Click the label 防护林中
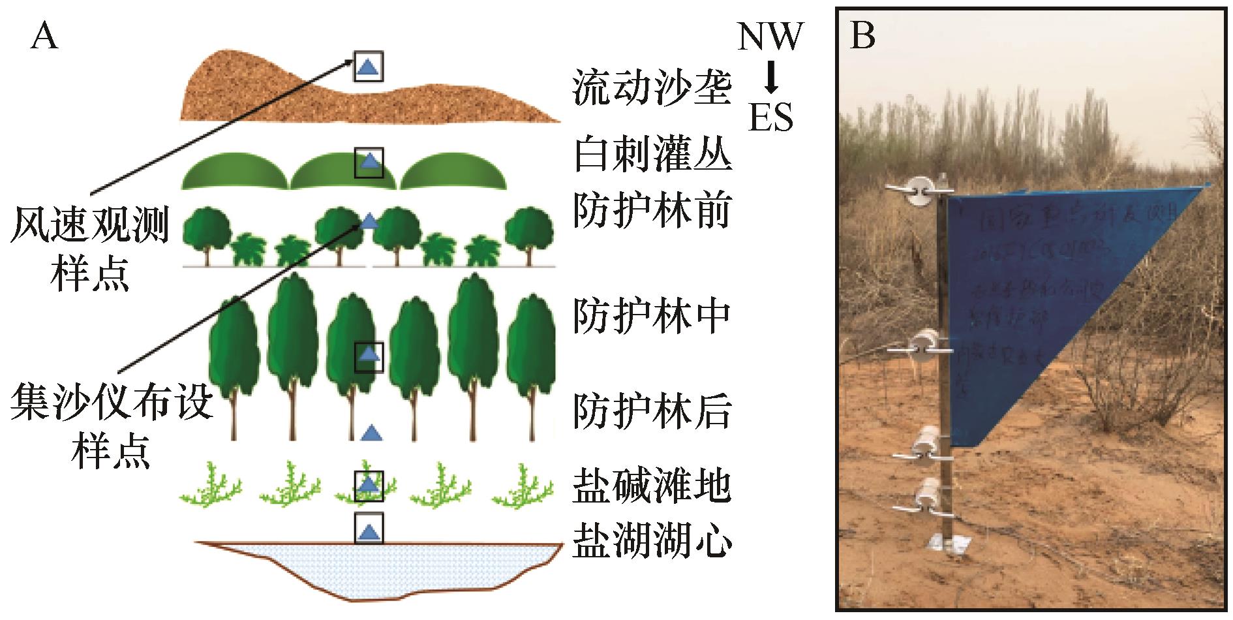point(652,317)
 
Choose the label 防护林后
point(652,411)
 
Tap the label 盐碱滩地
point(652,486)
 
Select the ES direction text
point(770,118)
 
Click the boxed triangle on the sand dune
point(369,66)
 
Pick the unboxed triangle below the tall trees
point(371,432)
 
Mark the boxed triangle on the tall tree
point(369,356)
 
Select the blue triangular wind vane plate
point(1044,294)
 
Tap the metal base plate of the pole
point(949,541)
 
